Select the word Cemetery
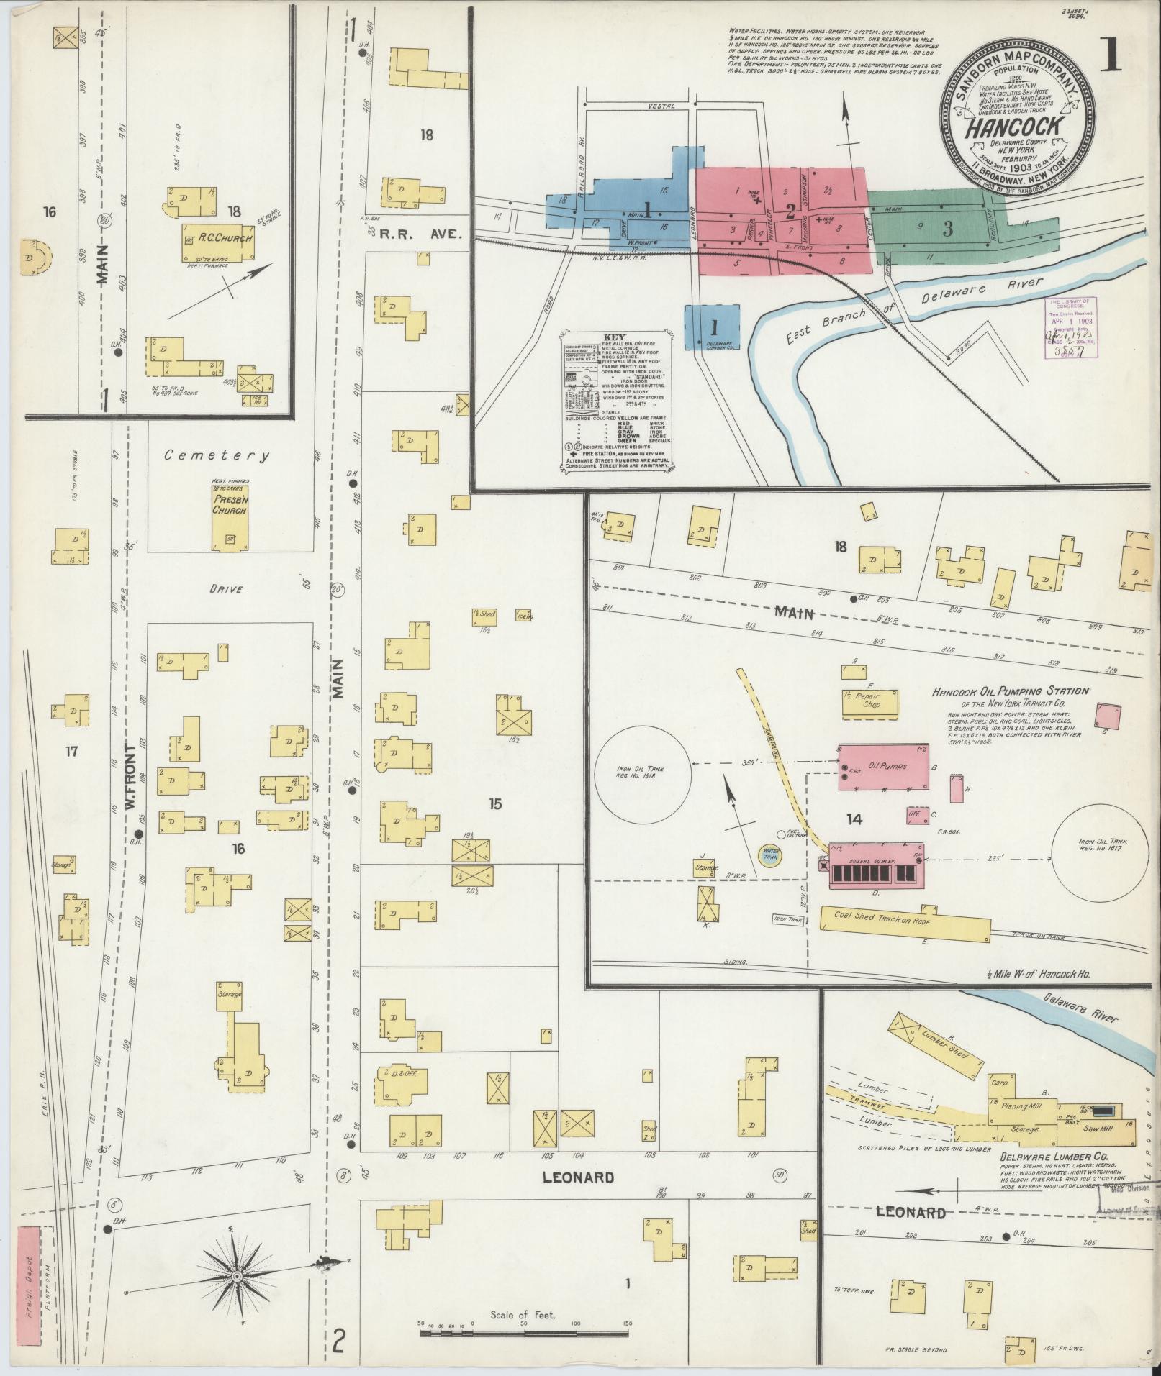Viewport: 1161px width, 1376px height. click(217, 455)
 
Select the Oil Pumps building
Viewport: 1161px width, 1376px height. click(886, 767)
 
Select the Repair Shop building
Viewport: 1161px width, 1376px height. click(870, 702)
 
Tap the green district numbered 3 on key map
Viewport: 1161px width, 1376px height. click(948, 229)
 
